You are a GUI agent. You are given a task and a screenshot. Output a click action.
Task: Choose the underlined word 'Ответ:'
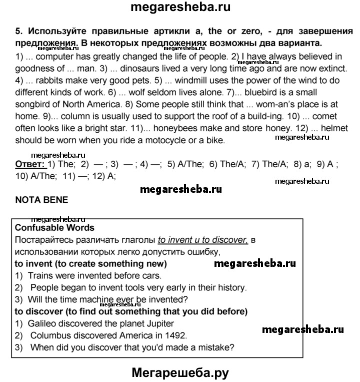[x=29, y=164]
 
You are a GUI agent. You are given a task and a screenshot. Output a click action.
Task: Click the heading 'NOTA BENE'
[x=41, y=199]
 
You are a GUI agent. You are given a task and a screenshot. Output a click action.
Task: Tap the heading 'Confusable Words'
[x=54, y=228]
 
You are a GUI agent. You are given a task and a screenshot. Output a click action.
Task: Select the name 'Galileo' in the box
[x=41, y=323]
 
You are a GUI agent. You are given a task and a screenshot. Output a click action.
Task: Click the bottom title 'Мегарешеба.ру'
[x=180, y=372]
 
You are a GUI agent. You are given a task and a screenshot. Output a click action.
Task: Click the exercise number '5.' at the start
[x=18, y=32]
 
